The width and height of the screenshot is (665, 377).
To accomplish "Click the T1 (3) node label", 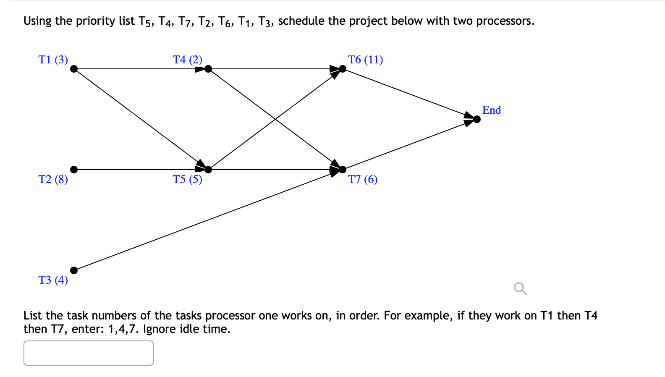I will [53, 60].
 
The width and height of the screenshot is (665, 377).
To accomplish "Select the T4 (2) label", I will [187, 60].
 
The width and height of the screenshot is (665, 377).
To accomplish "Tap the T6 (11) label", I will [365, 60].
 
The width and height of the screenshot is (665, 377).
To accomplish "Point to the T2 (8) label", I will [53, 179].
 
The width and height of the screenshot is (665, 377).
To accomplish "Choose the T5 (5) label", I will [187, 179].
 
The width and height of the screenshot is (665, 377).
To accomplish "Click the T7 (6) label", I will [363, 179].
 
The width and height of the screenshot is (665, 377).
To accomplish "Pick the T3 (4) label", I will [53, 280].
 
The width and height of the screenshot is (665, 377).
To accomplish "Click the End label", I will [492, 110].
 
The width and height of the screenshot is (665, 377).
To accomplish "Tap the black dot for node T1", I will [74, 69].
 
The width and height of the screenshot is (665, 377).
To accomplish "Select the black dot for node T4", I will [208, 69].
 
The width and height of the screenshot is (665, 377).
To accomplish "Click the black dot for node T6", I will [343, 69].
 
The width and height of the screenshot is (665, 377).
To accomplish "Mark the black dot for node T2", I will [74, 170].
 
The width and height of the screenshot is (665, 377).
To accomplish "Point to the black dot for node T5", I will [208, 170].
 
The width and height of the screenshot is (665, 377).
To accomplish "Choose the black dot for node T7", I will [343, 170].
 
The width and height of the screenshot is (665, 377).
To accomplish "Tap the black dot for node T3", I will [74, 270].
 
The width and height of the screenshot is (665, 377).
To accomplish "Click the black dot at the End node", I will [477, 119].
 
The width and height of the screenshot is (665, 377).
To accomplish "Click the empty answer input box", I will [89, 353].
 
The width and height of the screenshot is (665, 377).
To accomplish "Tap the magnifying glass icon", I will [520, 288].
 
